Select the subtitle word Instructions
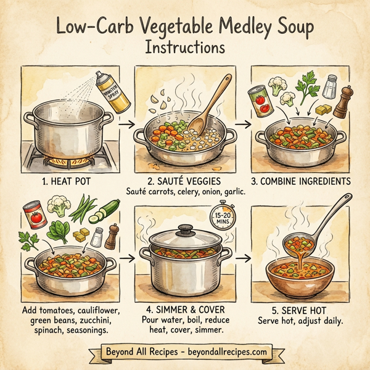(x=185, y=47)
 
